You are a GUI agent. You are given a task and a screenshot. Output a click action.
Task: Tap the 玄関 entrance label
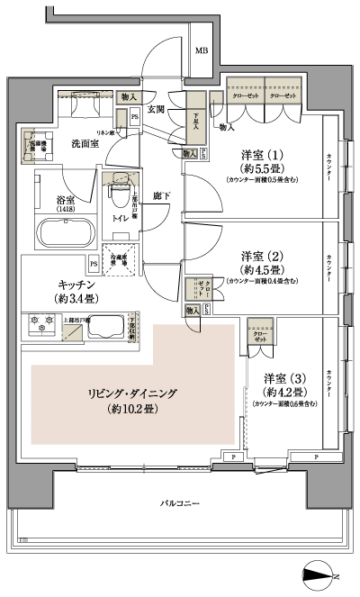click(x=157, y=109)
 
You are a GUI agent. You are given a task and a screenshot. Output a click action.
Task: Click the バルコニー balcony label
click(x=180, y=501)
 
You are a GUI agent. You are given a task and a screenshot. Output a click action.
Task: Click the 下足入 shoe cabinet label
click(x=195, y=121)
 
